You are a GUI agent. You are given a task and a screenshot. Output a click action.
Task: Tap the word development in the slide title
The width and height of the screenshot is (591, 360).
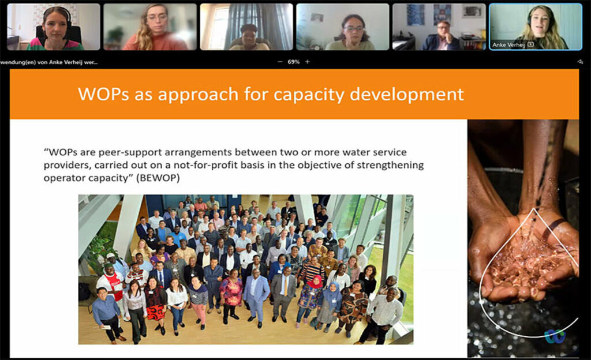(x=407, y=94)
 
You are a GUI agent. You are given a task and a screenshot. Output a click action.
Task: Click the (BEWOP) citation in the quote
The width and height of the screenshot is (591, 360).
(x=158, y=178)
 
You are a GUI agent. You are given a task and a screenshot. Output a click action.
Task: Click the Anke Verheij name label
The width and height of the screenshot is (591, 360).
(x=508, y=45)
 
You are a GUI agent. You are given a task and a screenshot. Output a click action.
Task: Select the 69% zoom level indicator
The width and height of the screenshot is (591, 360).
(x=294, y=62)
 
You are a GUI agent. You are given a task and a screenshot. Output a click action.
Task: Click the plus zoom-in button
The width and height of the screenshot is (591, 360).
(x=308, y=62)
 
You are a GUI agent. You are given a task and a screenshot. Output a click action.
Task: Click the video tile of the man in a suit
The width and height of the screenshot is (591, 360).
(x=439, y=27)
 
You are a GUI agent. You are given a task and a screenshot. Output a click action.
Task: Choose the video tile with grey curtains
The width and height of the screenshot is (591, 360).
(x=246, y=27)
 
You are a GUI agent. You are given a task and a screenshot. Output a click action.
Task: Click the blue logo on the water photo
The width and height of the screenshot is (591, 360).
(x=555, y=336)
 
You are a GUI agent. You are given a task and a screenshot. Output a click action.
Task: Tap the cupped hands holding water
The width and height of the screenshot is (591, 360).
(x=523, y=260)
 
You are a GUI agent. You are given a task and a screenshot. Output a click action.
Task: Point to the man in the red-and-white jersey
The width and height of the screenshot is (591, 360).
(x=111, y=283)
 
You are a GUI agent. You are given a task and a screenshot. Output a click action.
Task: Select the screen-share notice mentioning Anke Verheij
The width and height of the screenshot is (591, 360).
(x=49, y=62)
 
